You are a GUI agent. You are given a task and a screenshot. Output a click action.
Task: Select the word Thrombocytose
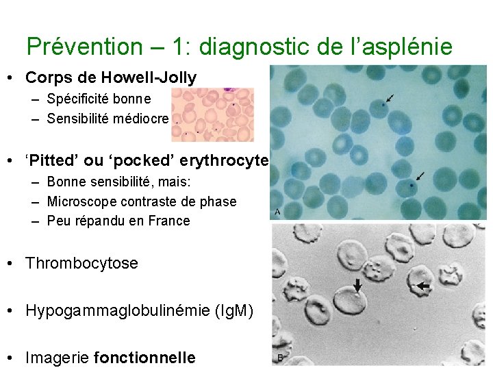click(x=81, y=263)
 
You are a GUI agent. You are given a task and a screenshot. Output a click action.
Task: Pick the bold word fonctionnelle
click(x=144, y=358)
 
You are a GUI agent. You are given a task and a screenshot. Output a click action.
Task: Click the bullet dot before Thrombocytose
click(x=12, y=263)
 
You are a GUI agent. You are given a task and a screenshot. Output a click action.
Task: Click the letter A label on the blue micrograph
click(x=277, y=212)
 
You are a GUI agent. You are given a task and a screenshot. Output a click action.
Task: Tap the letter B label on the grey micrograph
click(x=279, y=358)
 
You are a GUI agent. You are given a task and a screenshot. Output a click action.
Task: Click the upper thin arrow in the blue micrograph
click(x=390, y=99)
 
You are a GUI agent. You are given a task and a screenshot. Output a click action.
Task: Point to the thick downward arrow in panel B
click(x=357, y=284)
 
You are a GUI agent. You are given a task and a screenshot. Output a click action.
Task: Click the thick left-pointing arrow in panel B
click(x=425, y=284)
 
